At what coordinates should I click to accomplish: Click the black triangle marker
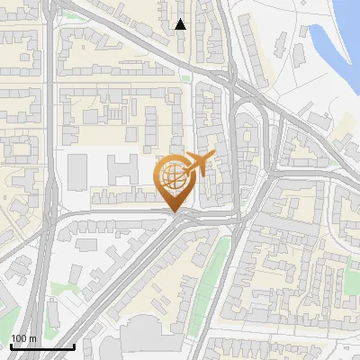[181, 24]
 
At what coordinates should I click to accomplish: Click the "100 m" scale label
[23, 337]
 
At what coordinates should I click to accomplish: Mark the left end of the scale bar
[11, 346]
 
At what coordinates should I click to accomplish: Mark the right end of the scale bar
[74, 346]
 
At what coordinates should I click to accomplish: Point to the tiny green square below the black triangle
[187, 78]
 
